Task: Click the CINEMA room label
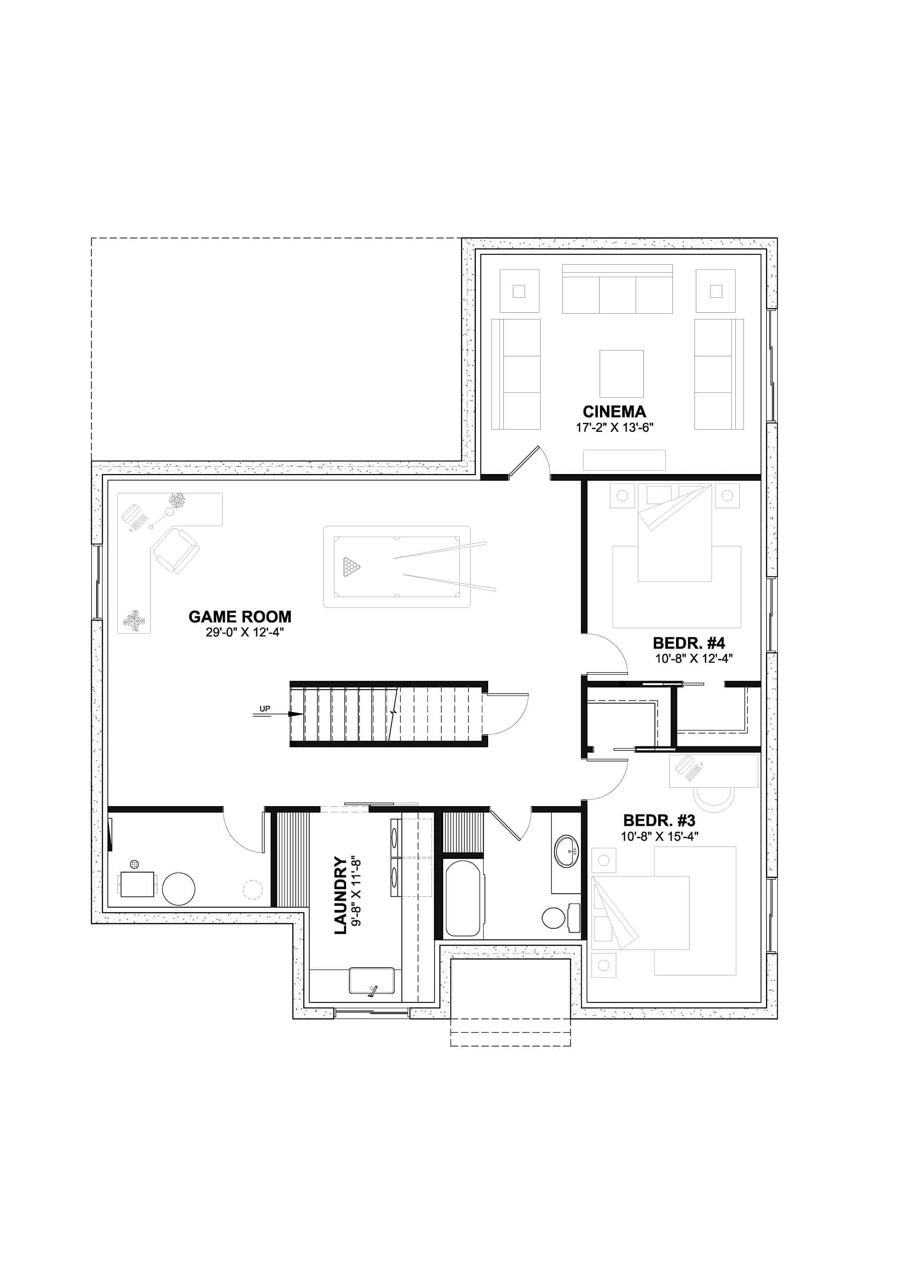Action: point(614,412)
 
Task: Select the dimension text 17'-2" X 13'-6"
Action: point(614,427)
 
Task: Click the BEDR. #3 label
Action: point(659,820)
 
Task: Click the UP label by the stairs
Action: point(265,709)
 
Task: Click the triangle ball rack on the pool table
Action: point(352,566)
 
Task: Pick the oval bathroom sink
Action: point(566,851)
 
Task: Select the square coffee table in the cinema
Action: point(621,373)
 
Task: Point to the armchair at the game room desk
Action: point(176,551)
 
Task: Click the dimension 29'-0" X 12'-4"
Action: point(245,632)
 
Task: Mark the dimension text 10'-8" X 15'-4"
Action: point(659,836)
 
